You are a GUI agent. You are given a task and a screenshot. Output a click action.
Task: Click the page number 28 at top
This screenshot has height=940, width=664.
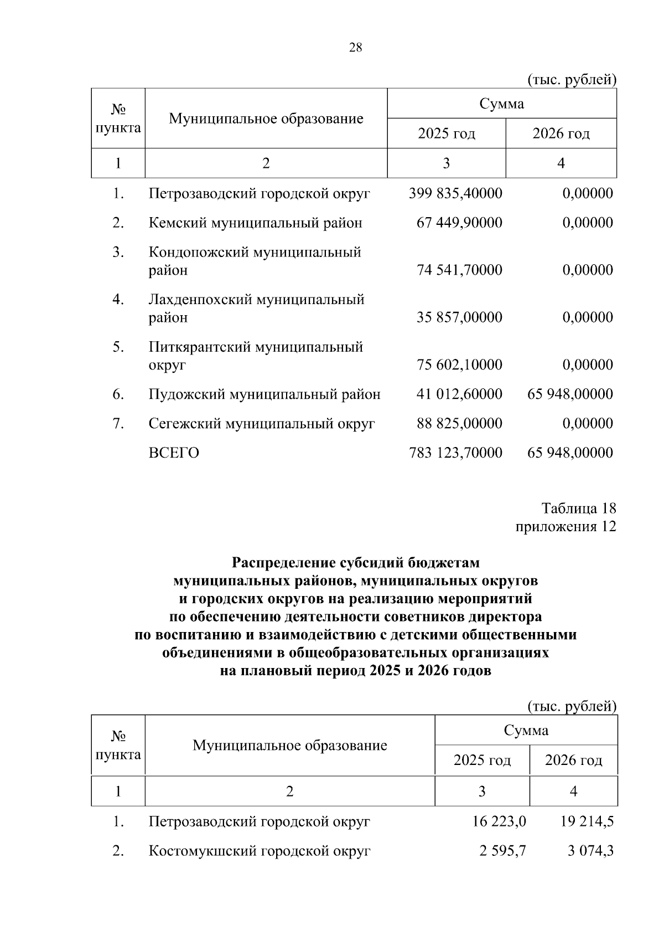[355, 48]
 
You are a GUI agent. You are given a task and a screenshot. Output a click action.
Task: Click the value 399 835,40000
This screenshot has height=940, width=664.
[455, 193]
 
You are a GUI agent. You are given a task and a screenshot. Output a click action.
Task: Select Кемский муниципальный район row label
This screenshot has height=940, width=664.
[255, 223]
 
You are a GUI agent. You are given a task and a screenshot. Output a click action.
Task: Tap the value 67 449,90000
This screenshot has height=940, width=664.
[459, 223]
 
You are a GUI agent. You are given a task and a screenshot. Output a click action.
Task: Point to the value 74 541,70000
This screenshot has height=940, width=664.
[459, 270]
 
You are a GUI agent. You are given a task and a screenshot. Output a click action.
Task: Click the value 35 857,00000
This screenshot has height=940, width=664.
[459, 317]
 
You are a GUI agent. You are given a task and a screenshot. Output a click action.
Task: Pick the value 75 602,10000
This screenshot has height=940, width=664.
[459, 364]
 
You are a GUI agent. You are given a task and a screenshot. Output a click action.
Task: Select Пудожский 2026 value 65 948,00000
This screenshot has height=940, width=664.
[570, 394]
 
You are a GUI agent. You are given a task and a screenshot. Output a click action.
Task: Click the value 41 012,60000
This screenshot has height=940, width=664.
[459, 394]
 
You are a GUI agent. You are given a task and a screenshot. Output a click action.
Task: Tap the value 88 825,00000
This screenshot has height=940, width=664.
[459, 423]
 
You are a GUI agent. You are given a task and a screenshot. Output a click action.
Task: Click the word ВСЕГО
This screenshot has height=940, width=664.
[174, 453]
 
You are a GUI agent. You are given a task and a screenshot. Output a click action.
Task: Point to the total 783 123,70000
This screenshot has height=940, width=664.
[455, 453]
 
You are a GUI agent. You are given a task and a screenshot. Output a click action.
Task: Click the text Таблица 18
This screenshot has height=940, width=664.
[578, 508]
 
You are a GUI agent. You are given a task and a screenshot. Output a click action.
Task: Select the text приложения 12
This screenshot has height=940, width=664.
[566, 526]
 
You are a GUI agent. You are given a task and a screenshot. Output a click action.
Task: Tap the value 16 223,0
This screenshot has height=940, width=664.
[499, 821]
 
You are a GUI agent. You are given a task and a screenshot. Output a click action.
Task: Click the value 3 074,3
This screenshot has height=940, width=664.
[590, 851]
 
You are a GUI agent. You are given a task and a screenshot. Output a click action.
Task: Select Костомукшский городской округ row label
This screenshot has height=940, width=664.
[259, 851]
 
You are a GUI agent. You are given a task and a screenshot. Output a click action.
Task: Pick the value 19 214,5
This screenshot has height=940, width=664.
[587, 821]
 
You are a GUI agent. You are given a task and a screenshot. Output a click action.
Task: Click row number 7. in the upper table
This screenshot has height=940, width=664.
[117, 423]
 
